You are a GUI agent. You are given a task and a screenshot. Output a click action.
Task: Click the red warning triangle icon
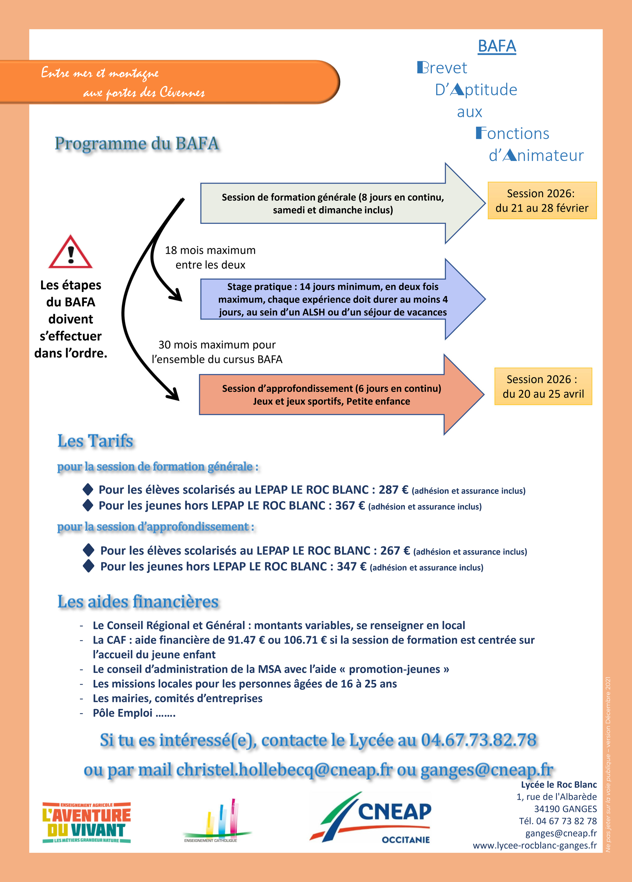coord(70,253)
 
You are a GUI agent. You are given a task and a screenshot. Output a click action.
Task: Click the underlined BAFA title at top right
coord(497,46)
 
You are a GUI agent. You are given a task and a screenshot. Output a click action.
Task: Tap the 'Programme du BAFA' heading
coord(137,144)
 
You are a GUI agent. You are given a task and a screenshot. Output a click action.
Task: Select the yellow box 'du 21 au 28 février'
coord(542,201)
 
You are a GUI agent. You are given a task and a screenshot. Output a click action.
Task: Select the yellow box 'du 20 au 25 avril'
coord(543,387)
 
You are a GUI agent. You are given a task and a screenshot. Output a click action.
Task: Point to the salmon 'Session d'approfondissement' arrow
coord(331,395)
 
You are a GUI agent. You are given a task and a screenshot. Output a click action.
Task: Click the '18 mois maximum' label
coord(210,251)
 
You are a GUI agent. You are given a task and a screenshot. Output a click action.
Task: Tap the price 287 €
coord(393,490)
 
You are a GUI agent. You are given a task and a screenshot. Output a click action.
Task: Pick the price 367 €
coord(350,506)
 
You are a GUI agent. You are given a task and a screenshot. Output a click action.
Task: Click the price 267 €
coord(395,551)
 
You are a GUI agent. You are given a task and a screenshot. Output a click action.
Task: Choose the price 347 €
coord(351,567)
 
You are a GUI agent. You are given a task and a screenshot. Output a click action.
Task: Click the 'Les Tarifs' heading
coord(95,441)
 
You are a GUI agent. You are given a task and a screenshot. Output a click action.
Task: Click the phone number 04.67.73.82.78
coord(478,740)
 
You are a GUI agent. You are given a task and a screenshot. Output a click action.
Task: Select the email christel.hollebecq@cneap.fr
coord(284,770)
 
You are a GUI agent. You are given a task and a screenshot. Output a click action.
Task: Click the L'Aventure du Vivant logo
coord(86,822)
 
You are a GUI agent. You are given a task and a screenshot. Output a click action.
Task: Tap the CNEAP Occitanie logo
coord(371,818)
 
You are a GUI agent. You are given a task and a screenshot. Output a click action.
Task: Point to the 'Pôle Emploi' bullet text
coord(134,713)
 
